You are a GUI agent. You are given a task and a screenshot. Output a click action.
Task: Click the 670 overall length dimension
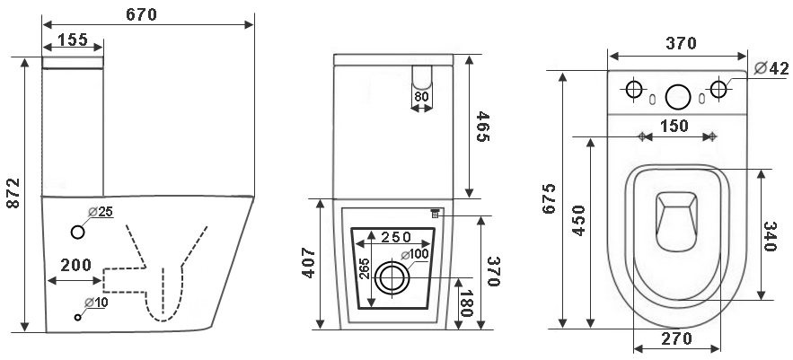(141, 14)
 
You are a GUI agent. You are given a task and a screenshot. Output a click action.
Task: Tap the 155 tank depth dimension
(73, 39)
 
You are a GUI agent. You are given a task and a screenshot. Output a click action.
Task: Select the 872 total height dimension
(13, 193)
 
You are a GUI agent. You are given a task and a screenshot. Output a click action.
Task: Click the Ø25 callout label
(101, 211)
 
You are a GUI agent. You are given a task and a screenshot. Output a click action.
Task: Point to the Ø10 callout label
(96, 303)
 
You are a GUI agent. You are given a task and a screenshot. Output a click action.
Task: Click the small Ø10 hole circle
(78, 317)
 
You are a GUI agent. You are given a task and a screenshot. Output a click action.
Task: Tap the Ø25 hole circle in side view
(77, 233)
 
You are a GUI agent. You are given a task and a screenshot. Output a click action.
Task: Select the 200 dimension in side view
(75, 265)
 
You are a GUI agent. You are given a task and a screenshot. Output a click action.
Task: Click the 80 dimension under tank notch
(421, 96)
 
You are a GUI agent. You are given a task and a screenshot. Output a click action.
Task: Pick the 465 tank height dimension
(483, 127)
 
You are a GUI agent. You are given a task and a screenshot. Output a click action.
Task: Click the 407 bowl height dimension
(309, 263)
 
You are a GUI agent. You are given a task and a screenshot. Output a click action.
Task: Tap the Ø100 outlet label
(415, 254)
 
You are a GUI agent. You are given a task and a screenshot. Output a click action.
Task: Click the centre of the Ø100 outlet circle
(392, 277)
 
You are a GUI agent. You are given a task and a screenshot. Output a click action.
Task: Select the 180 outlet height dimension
(466, 303)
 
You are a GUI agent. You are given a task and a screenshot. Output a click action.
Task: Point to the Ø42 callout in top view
(771, 67)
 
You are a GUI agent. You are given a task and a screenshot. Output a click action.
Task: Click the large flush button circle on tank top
(678, 97)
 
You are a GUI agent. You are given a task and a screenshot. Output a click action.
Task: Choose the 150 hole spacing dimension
(674, 126)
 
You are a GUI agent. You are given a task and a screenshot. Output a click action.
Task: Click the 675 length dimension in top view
(549, 198)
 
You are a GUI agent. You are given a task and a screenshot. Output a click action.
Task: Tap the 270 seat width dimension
(676, 338)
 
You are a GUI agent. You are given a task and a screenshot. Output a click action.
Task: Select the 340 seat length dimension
(770, 236)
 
